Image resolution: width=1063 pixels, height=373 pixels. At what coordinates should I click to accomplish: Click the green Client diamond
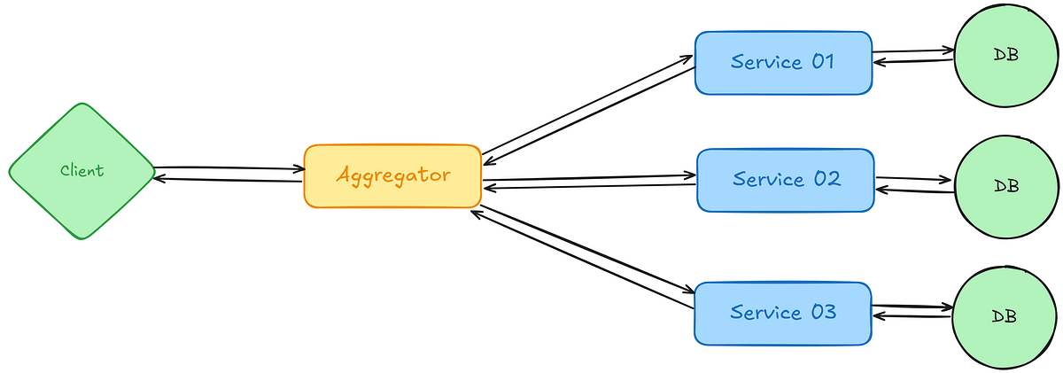click(x=81, y=171)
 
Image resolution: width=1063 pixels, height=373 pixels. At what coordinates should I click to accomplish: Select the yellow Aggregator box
click(x=392, y=176)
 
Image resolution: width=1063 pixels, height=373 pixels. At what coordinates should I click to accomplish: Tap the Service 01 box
click(x=783, y=63)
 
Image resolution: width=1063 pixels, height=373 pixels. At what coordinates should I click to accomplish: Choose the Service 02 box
click(x=785, y=180)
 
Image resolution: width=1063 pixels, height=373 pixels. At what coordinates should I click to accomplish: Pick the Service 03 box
click(x=782, y=313)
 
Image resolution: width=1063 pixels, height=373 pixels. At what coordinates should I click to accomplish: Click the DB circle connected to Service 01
click(x=1005, y=55)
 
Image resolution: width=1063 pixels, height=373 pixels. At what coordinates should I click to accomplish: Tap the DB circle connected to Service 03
click(x=1005, y=316)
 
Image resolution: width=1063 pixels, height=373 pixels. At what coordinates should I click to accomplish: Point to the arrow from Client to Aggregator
click(x=230, y=167)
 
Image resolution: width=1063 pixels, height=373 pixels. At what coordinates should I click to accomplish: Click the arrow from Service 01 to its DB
click(x=912, y=52)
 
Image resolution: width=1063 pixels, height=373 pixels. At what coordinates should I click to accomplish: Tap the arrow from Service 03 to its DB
click(x=912, y=307)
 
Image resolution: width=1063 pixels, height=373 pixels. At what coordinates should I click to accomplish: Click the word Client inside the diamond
click(x=81, y=170)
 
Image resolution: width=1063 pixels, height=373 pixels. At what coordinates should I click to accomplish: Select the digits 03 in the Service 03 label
click(x=821, y=312)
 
